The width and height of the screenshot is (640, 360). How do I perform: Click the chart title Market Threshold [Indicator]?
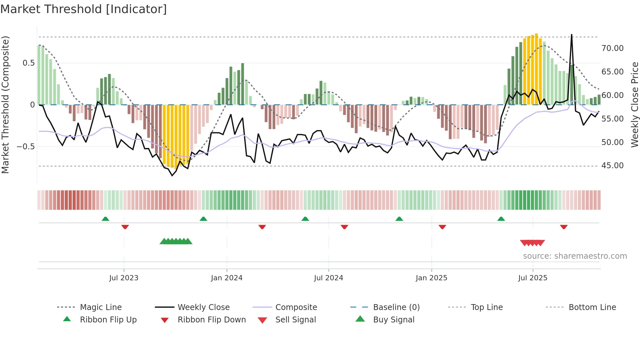tap(84, 9)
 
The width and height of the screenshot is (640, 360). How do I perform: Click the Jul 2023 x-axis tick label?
tap(124, 278)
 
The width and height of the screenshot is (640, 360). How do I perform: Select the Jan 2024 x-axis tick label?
tap(227, 278)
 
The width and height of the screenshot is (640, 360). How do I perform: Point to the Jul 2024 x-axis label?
tap(328, 278)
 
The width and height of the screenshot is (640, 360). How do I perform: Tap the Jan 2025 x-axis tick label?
tap(431, 278)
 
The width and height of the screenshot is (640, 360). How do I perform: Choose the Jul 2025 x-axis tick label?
tap(533, 278)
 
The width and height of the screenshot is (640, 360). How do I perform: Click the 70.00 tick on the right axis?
tap(613, 48)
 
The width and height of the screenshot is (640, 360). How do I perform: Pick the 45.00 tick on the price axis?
tap(613, 166)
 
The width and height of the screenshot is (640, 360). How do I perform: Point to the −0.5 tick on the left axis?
tap(26, 147)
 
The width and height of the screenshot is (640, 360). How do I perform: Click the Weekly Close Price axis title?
tap(634, 105)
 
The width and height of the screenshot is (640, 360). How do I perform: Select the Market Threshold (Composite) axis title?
tap(5, 105)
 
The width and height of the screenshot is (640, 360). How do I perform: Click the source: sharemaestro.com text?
tap(575, 256)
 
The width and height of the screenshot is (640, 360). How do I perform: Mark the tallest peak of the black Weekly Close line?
tap(571, 35)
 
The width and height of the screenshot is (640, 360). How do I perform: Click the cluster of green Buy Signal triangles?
tap(176, 241)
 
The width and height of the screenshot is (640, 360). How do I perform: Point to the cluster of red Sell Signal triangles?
tap(532, 243)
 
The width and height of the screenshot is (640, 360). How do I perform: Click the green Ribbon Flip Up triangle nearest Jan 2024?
tap(203, 219)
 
